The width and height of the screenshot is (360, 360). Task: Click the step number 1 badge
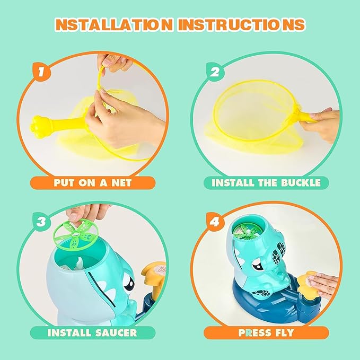[41, 72]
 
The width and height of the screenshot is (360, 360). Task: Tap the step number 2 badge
[215, 72]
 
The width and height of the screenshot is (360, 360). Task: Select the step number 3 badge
[41, 222]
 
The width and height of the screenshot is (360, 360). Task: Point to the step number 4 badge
[215, 222]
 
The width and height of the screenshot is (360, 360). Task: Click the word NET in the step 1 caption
[121, 183]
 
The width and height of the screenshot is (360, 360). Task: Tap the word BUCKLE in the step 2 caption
[301, 183]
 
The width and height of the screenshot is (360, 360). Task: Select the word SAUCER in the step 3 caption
[117, 332]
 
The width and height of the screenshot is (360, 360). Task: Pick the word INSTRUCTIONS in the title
[241, 24]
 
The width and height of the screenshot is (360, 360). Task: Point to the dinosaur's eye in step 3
[129, 283]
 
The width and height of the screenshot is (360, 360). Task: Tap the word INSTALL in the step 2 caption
[233, 183]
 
